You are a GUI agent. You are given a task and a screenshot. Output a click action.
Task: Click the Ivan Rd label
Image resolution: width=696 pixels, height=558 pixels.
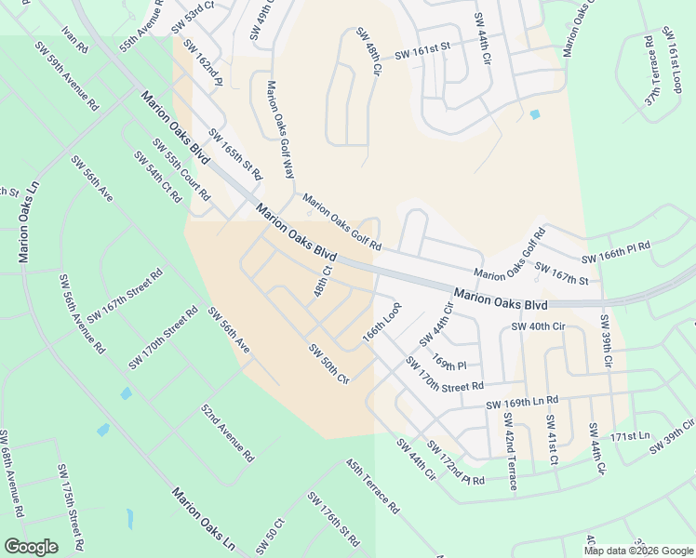[74, 39]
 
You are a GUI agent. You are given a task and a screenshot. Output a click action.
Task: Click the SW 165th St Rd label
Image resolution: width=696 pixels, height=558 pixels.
[235, 154]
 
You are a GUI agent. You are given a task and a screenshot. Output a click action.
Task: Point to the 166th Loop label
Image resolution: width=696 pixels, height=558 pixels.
[381, 320]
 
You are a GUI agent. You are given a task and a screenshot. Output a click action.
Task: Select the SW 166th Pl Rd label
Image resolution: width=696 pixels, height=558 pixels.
[616, 257]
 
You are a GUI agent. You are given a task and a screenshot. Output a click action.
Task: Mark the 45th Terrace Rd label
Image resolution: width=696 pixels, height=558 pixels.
[371, 485]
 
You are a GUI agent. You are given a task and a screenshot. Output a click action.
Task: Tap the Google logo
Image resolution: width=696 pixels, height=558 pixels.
[31, 547]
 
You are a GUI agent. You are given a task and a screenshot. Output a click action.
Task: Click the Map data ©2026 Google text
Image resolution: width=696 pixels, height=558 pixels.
[637, 551]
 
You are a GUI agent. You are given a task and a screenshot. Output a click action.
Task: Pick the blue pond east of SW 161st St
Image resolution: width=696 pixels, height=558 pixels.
[534, 114]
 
